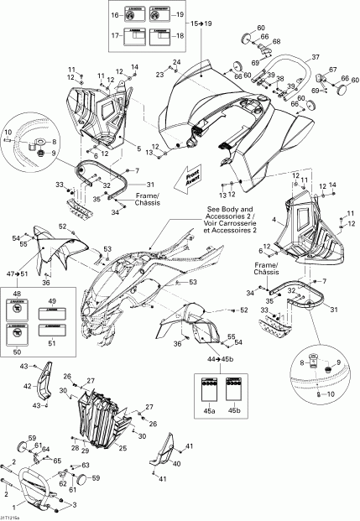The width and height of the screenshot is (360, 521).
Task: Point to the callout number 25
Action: [123, 448]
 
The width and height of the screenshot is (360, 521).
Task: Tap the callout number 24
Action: [176, 62]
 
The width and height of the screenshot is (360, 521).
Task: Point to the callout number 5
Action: [138, 148]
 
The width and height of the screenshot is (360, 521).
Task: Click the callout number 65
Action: [56, 461]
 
